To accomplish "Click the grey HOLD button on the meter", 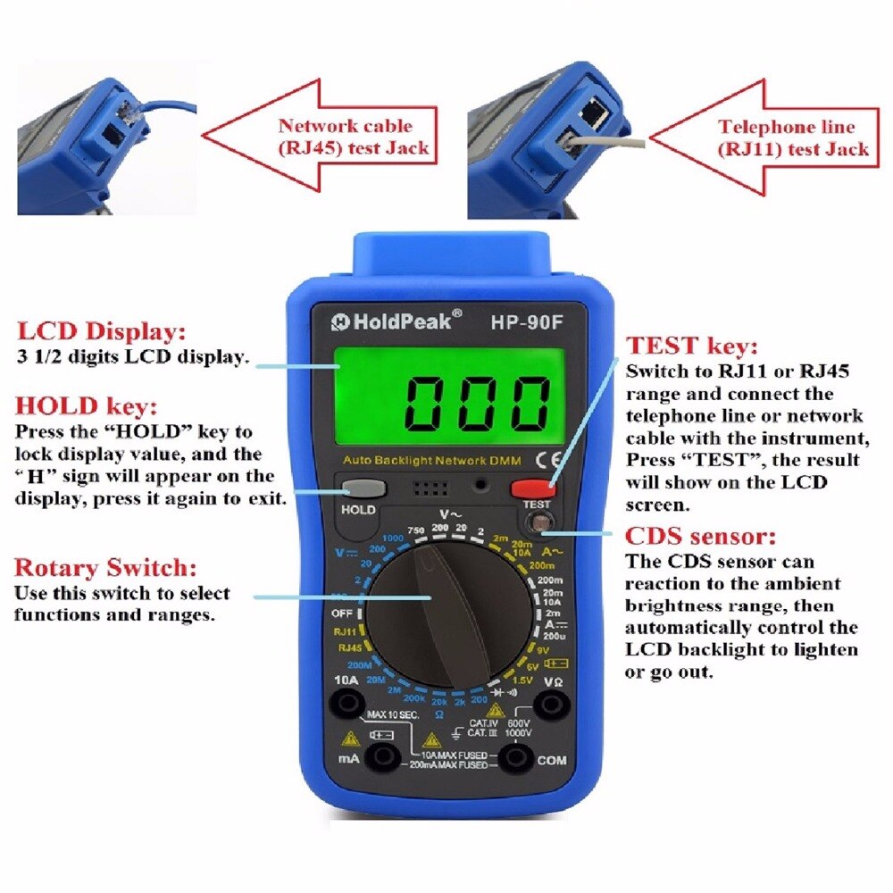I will [x=362, y=488].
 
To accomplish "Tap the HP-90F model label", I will [x=527, y=322].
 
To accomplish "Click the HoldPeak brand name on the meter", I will [x=397, y=321].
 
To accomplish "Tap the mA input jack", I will [x=385, y=758].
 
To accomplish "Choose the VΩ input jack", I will [x=551, y=705].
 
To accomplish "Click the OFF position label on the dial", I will [x=343, y=614].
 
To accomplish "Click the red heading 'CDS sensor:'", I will [x=701, y=538].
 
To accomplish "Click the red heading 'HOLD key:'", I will [x=86, y=406].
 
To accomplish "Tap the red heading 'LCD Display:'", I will [x=100, y=332].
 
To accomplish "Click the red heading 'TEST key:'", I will [x=692, y=346].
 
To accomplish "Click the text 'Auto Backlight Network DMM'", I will [x=438, y=461].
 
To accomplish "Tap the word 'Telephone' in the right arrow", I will [x=760, y=128].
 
